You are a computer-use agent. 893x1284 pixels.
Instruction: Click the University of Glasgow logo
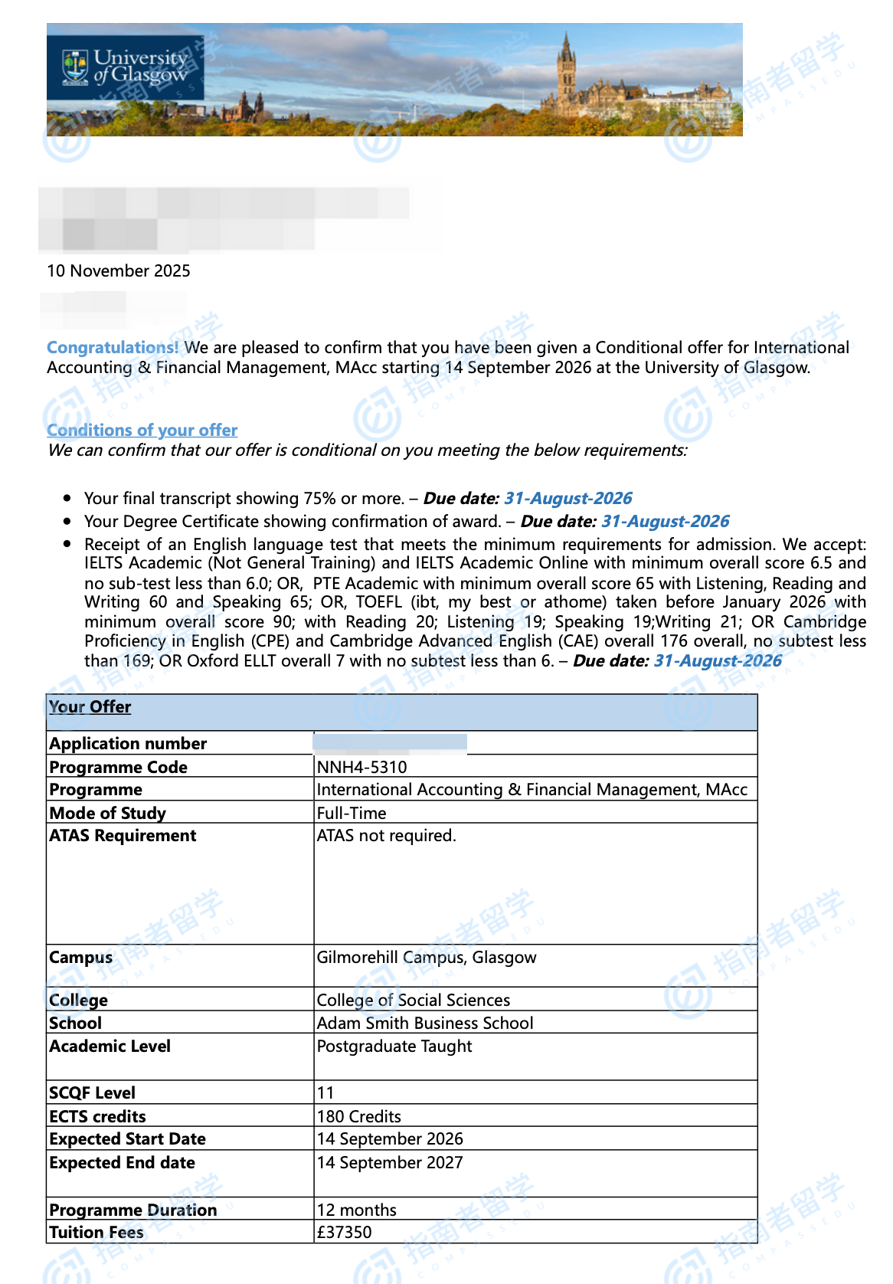(x=125, y=67)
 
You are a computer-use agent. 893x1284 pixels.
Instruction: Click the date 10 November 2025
(x=119, y=271)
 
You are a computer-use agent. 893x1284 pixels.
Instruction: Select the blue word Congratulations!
(x=113, y=348)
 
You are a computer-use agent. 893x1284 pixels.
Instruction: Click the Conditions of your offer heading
(x=142, y=431)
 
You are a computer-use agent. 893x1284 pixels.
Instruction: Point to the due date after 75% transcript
(x=568, y=499)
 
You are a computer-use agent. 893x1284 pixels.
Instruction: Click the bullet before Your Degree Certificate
(x=68, y=522)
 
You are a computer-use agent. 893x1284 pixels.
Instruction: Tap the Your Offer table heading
(x=90, y=707)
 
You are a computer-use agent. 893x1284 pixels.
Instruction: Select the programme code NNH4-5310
(x=362, y=768)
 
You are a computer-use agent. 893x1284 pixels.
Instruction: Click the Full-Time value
(x=352, y=814)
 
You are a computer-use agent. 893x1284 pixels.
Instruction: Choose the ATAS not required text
(x=387, y=836)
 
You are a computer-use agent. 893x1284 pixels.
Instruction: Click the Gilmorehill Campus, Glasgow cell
(x=427, y=958)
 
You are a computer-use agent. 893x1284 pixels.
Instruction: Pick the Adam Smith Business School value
(x=425, y=1024)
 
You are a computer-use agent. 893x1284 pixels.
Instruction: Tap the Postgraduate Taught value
(x=394, y=1047)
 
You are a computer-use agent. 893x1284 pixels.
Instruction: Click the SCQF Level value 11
(x=325, y=1093)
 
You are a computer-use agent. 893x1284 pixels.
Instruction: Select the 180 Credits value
(x=359, y=1117)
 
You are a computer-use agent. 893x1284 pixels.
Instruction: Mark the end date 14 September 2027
(x=390, y=1163)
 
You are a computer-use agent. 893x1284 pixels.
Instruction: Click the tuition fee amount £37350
(x=345, y=1233)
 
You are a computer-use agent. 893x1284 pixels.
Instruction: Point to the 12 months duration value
(x=357, y=1210)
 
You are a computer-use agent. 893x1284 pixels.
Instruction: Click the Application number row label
(x=128, y=744)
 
